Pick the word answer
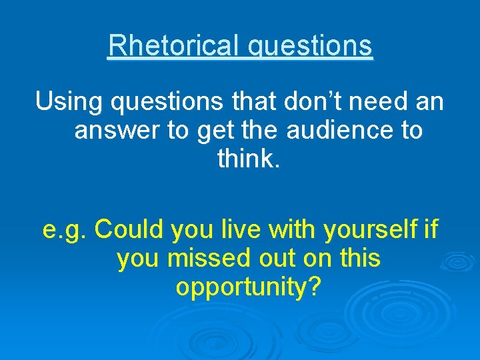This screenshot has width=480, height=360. (x=117, y=131)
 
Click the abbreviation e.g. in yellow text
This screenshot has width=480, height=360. (x=65, y=231)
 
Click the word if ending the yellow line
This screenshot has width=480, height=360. (x=431, y=229)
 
